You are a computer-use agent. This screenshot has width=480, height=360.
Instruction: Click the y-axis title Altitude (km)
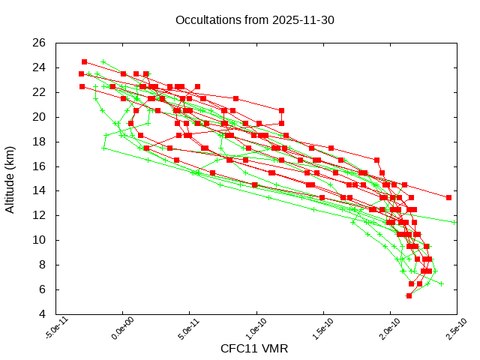click(10, 178)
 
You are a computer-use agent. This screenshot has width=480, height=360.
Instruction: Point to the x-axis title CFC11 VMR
click(254, 349)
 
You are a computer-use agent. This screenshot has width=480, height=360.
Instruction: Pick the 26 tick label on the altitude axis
click(40, 43)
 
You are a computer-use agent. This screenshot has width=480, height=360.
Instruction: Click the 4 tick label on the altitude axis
click(43, 314)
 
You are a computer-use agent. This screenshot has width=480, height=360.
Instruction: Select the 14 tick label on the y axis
click(40, 190)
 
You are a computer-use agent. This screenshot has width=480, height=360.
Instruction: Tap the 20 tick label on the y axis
click(40, 117)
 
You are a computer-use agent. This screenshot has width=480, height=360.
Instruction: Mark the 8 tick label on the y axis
click(43, 265)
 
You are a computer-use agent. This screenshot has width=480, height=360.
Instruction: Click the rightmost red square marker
click(448, 197)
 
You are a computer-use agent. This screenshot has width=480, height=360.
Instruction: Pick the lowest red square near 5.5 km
click(409, 295)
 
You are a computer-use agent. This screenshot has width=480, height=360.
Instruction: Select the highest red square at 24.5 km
click(84, 61)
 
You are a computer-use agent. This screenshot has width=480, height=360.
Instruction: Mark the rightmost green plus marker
click(454, 222)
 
